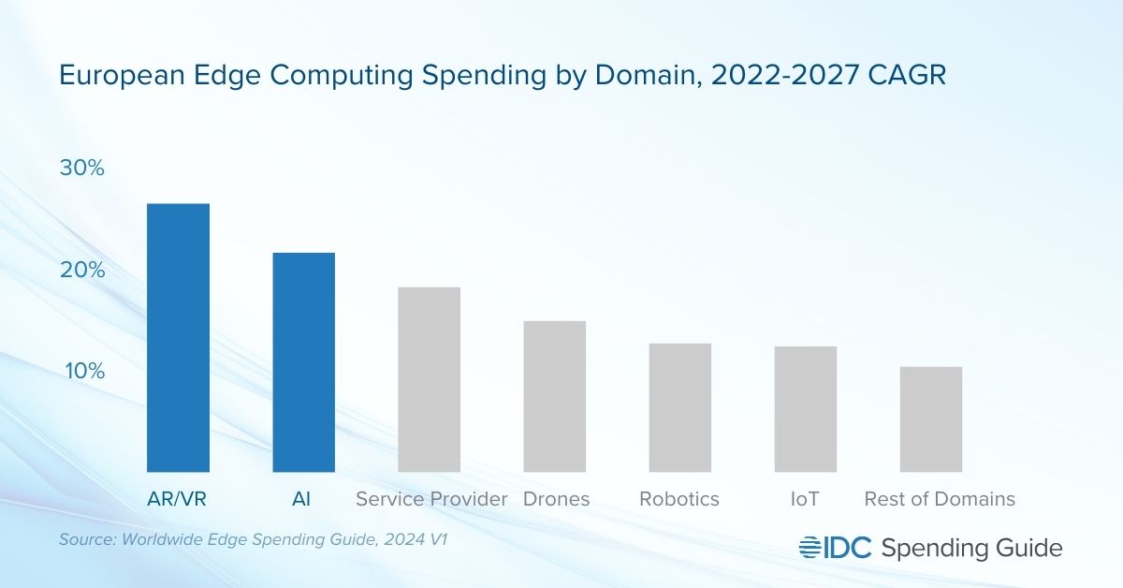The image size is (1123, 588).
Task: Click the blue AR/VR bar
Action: click(178, 337)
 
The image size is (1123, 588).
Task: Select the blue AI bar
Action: click(303, 361)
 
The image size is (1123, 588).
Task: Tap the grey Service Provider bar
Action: click(429, 379)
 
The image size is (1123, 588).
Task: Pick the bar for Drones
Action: click(554, 396)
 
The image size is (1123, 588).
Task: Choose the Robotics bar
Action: click(679, 407)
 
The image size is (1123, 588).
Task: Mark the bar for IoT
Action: click(805, 409)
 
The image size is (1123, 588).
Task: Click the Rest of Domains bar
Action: click(930, 419)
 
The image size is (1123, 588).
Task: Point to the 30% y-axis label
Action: click(83, 169)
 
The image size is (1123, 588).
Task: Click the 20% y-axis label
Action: click(83, 270)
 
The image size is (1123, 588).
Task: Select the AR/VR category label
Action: click(177, 499)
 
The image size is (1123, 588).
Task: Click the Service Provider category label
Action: click(431, 499)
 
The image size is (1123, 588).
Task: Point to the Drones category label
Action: click(556, 499)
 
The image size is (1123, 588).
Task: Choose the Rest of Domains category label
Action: click(940, 499)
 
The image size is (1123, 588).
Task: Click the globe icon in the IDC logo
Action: click(809, 548)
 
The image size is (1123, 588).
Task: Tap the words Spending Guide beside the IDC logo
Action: click(972, 549)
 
